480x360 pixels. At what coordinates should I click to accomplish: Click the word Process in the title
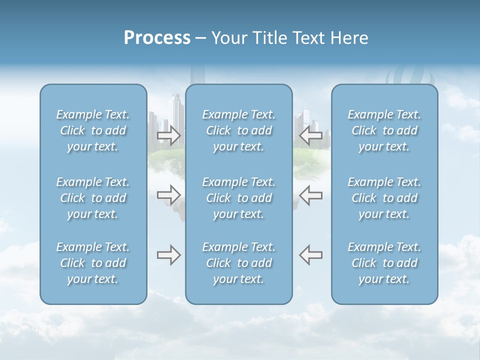[x=157, y=38]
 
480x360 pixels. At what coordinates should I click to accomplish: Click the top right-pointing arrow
[x=169, y=135]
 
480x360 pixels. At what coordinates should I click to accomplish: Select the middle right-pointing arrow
[x=169, y=194]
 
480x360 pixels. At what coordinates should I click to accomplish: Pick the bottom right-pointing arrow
[x=169, y=255]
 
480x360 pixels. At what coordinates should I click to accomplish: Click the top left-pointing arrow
[x=311, y=135]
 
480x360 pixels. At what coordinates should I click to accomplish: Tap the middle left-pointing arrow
[x=311, y=194]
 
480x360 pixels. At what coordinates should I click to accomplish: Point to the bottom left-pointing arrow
[x=311, y=255]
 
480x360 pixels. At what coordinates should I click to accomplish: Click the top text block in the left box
[x=93, y=130]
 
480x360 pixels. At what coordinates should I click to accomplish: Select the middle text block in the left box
[x=93, y=198]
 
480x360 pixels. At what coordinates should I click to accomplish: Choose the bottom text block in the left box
[x=93, y=263]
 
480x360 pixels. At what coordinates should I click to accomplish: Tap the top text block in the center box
[x=239, y=130]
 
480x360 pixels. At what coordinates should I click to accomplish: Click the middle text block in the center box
[x=239, y=198]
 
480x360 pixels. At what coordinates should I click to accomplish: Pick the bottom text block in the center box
[x=239, y=263]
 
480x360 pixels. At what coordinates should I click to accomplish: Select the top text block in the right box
[x=384, y=130]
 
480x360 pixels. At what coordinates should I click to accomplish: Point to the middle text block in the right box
[x=384, y=198]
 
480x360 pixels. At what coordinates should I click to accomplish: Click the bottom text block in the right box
[x=384, y=263]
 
